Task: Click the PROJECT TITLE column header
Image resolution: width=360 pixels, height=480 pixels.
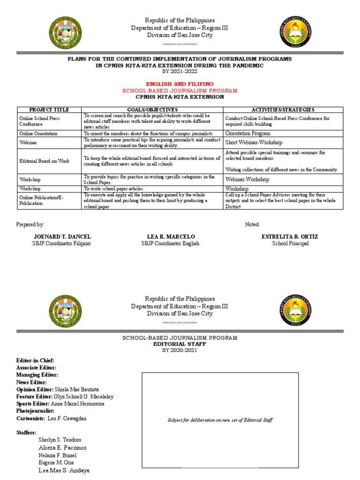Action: point(49,109)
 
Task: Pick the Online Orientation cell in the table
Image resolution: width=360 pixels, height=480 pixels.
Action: point(38,134)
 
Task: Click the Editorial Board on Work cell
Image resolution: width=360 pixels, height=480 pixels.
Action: point(44,161)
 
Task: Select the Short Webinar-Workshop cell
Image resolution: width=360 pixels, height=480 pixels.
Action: point(254,142)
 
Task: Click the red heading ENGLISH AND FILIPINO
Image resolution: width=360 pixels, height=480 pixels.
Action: point(180,83)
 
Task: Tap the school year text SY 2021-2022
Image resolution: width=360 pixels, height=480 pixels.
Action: point(180,72)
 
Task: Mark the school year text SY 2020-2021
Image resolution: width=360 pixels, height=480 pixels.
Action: point(180,350)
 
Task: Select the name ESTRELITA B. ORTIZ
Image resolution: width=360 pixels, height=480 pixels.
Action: point(285,237)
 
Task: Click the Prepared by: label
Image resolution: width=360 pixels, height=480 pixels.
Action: point(30,225)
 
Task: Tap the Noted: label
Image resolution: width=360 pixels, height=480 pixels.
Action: point(252,225)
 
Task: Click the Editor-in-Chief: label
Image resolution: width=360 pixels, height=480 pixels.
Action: point(35,360)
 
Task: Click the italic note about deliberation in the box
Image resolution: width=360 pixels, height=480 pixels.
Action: point(220,420)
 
